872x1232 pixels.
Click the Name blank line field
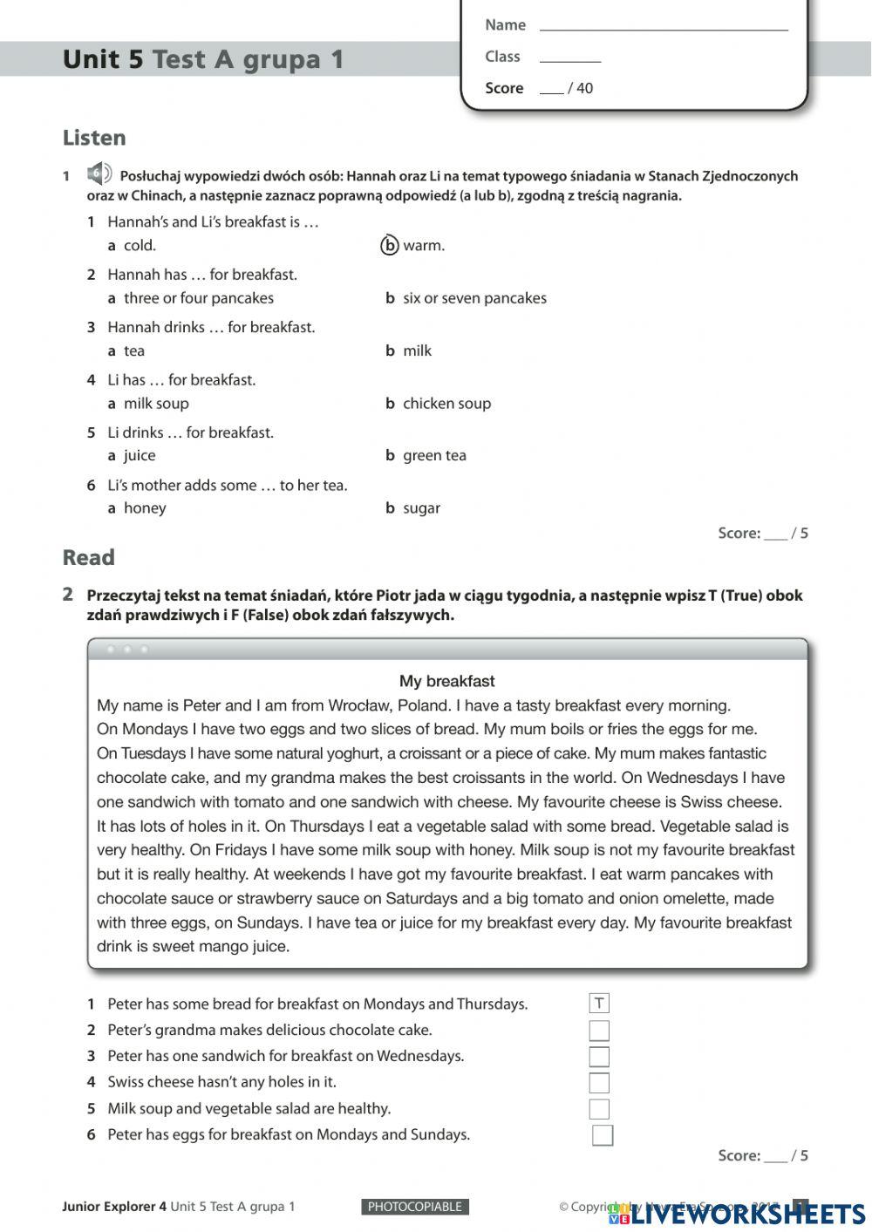pos(663,26)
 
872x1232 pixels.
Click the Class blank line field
pos(570,58)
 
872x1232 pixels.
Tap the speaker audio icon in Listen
pos(99,174)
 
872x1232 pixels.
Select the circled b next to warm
pos(390,246)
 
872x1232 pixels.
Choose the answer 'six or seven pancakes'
pos(473,298)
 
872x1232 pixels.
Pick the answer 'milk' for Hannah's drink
pos(417,351)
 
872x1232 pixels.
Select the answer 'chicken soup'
pos(446,404)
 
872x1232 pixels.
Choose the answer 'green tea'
pos(434,456)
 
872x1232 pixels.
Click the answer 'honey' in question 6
pos(145,508)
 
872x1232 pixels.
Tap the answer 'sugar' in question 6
pos(421,508)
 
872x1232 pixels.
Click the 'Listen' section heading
pos(94,138)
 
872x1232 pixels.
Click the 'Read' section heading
pos(88,558)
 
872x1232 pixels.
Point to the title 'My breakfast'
pos(446,681)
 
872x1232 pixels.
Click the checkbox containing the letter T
pos(599,1004)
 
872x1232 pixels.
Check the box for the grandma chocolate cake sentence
pos(599,1031)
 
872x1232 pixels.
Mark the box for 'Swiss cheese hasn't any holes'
pos(599,1083)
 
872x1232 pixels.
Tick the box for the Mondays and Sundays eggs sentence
pos(603,1135)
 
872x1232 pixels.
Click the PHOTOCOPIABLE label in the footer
pos(415,1207)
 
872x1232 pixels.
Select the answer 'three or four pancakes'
pos(198,298)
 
